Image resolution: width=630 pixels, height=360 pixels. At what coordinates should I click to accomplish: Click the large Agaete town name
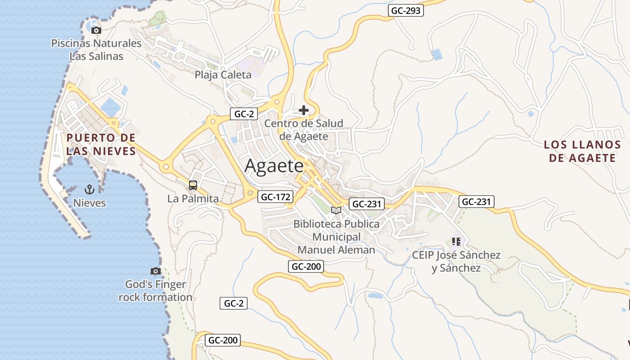274,166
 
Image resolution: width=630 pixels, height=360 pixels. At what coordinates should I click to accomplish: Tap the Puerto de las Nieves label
101,144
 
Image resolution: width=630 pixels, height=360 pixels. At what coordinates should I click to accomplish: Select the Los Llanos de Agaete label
582,151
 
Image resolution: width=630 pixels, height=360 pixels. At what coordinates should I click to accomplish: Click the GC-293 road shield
406,10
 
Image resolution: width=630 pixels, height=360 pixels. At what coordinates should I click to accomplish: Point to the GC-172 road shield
275,197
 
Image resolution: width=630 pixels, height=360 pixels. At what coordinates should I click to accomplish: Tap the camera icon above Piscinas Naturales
96,31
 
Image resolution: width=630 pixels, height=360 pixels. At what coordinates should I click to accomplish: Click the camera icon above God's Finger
155,271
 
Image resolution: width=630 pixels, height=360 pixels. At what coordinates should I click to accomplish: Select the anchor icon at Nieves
89,189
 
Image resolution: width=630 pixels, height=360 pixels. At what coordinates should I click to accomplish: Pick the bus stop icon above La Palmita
193,185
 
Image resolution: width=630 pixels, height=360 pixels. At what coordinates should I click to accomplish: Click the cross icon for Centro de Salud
304,110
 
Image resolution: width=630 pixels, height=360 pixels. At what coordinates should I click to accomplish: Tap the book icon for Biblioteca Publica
336,210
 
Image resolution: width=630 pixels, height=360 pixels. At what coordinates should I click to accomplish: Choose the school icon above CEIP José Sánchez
456,242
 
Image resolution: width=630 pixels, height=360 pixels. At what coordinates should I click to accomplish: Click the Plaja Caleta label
223,75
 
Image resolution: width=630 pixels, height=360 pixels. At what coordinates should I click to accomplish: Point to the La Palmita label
193,198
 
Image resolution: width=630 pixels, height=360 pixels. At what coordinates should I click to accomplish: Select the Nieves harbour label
90,203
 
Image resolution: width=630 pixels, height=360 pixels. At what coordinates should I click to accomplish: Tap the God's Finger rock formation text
155,291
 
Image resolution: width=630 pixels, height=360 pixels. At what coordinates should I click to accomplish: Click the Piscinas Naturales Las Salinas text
96,50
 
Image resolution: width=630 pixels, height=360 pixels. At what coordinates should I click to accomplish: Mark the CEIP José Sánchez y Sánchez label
456,262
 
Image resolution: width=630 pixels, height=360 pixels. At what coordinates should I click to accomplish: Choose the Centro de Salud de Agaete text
304,130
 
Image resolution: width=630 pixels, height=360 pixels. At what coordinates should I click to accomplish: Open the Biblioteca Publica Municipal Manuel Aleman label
336,237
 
